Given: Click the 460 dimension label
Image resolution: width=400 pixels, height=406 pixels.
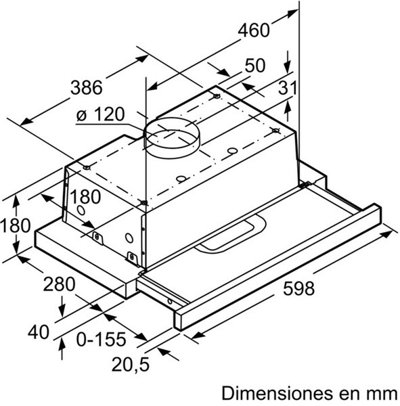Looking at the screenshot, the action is [254, 30].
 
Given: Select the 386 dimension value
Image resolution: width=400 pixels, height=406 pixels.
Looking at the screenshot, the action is [87, 87].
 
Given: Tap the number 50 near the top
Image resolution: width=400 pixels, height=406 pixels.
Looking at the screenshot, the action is [255, 66].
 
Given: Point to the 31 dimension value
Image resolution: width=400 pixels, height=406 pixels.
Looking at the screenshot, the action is [287, 87].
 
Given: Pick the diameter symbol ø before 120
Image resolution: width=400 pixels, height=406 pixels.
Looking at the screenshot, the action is [81, 116].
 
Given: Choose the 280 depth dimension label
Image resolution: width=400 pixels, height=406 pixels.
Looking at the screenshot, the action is [59, 284].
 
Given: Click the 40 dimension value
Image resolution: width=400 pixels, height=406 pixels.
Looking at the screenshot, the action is [39, 332].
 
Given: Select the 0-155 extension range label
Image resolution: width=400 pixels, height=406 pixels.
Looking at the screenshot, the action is [101, 339].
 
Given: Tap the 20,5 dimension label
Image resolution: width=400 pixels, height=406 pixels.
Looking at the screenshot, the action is [131, 365].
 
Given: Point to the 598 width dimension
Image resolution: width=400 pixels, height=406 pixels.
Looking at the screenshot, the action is [298, 288].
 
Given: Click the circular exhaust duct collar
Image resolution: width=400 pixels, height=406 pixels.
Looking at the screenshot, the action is [171, 138].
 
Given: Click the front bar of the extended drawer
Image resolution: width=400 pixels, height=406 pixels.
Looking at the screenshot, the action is [277, 267].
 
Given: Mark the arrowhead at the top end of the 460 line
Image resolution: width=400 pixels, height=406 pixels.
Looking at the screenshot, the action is [293, 14].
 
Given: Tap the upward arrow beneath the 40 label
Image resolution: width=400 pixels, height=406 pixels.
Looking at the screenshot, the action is [62, 348].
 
